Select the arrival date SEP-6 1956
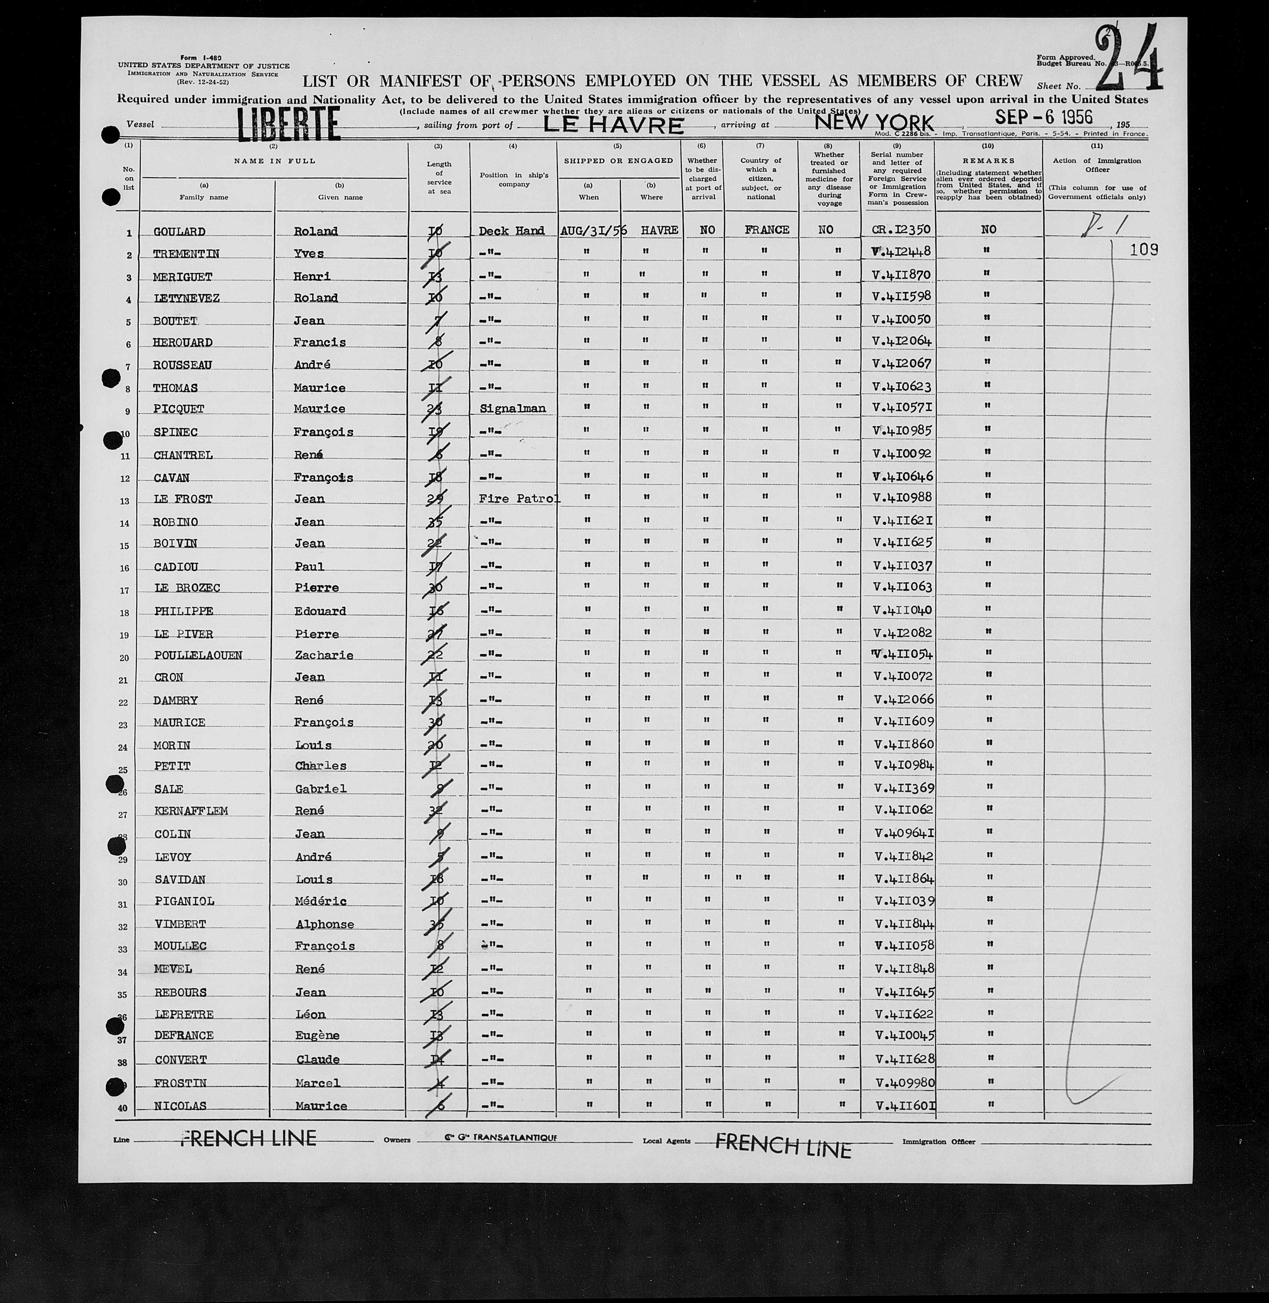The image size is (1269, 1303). [x=1044, y=117]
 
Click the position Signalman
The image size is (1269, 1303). [x=512, y=409]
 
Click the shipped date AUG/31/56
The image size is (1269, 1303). [x=593, y=230]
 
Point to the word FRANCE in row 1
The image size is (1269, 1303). [x=767, y=229]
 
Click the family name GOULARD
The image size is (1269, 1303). [x=179, y=232]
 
